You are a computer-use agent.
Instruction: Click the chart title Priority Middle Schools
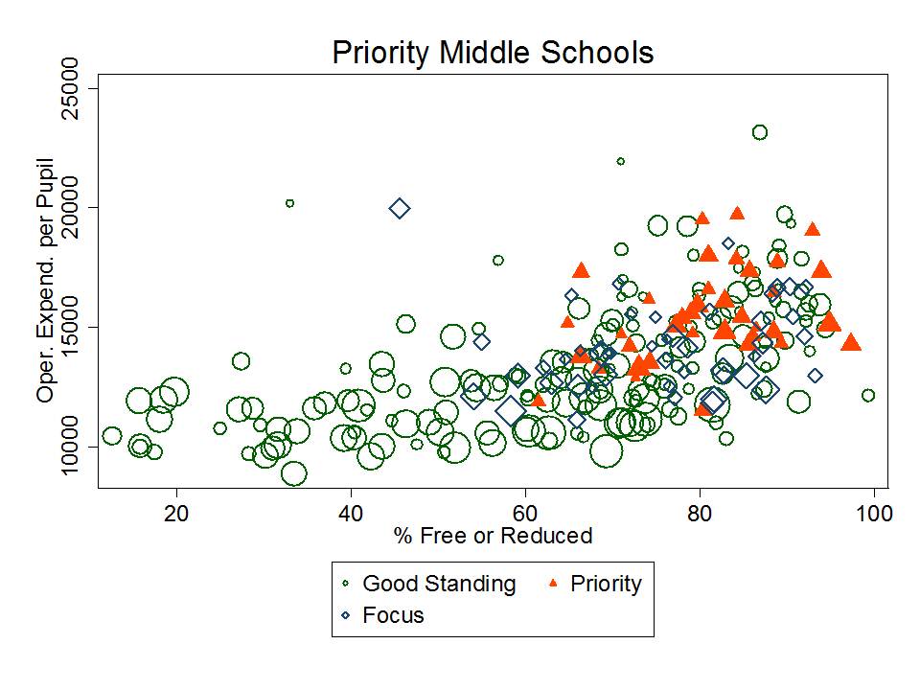(493, 53)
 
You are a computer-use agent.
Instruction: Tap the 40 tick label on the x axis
(351, 515)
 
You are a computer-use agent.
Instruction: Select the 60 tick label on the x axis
(525, 515)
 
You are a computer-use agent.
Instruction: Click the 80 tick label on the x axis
(700, 515)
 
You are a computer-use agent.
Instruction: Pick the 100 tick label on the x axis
(874, 515)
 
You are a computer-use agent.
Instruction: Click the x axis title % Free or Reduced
(493, 536)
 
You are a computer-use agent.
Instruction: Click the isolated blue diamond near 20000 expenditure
(400, 208)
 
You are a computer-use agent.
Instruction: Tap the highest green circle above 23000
(760, 132)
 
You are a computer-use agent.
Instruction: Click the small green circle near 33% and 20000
(289, 203)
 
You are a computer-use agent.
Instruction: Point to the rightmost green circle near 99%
(868, 395)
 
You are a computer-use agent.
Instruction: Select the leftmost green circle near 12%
(112, 436)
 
